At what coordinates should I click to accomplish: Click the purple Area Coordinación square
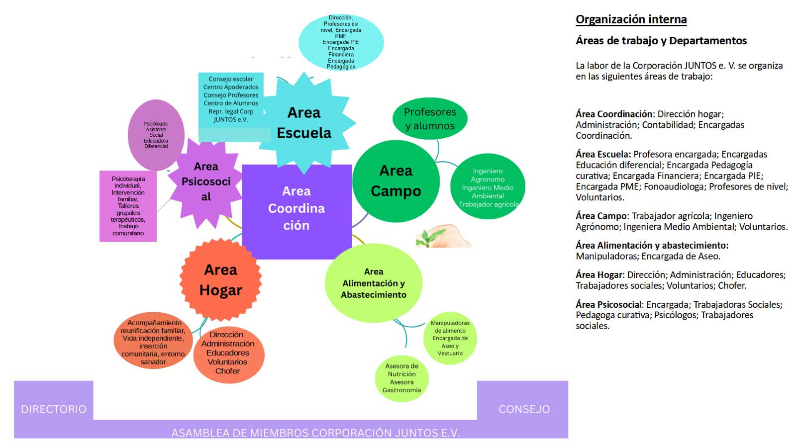[297, 209]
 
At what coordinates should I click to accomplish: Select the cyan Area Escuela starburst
[304, 123]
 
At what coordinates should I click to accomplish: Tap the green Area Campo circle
[396, 181]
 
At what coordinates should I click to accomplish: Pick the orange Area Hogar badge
[221, 280]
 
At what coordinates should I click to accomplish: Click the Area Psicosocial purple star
[205, 181]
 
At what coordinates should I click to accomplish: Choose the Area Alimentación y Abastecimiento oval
[373, 283]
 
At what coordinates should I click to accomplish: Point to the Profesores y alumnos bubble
[430, 119]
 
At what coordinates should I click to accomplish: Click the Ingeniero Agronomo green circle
[488, 187]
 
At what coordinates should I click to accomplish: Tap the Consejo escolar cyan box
[231, 99]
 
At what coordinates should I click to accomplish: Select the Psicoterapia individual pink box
[128, 206]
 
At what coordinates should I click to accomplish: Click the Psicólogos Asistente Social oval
[156, 135]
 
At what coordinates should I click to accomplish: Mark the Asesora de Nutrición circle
[401, 378]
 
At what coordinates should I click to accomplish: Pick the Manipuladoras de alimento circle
[450, 338]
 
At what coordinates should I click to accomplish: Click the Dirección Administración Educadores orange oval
[227, 353]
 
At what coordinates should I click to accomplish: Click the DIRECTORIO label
[54, 409]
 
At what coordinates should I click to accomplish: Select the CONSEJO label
[524, 409]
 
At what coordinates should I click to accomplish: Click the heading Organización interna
[631, 19]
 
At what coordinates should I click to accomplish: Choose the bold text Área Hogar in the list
[599, 275]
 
